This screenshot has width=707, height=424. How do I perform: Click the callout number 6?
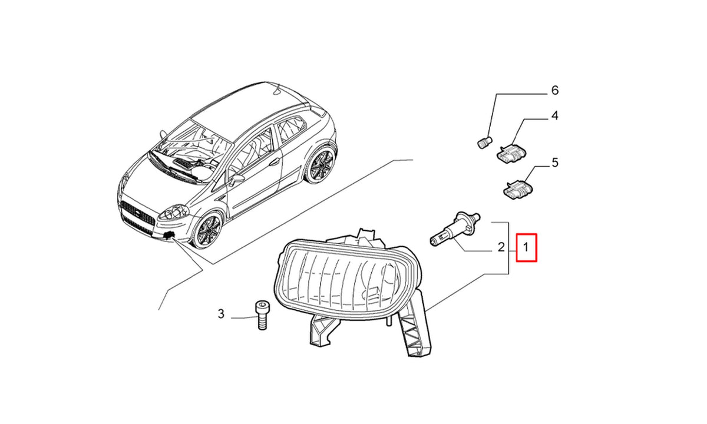point(554,91)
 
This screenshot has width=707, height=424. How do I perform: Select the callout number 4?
point(554,116)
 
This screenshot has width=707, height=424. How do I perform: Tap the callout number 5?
point(555,163)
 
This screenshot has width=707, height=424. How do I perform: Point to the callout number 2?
point(501,247)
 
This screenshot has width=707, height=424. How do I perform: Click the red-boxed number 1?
point(526,247)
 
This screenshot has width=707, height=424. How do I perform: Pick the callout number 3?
point(221,314)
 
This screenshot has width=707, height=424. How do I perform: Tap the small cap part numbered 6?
point(484,143)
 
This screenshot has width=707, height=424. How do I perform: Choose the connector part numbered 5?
point(517,188)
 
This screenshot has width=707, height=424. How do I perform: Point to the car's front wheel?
point(207,230)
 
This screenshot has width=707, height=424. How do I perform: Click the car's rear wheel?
point(321,164)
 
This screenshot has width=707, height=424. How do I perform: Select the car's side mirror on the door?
point(237,179)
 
